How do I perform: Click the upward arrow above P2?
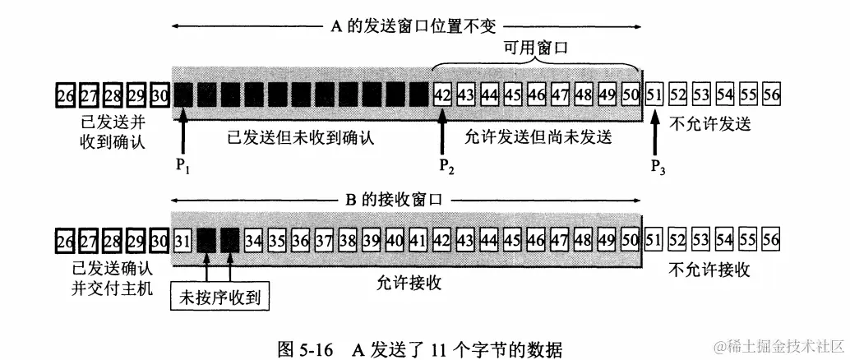[445, 131]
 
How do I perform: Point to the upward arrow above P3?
[655, 131]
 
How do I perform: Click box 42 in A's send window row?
[442, 95]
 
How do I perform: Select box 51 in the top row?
[655, 95]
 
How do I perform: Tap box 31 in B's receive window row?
[182, 241]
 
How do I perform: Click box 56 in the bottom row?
[770, 241]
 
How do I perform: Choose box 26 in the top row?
[65, 95]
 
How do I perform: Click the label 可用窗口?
[538, 50]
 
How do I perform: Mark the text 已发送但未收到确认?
[300, 137]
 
